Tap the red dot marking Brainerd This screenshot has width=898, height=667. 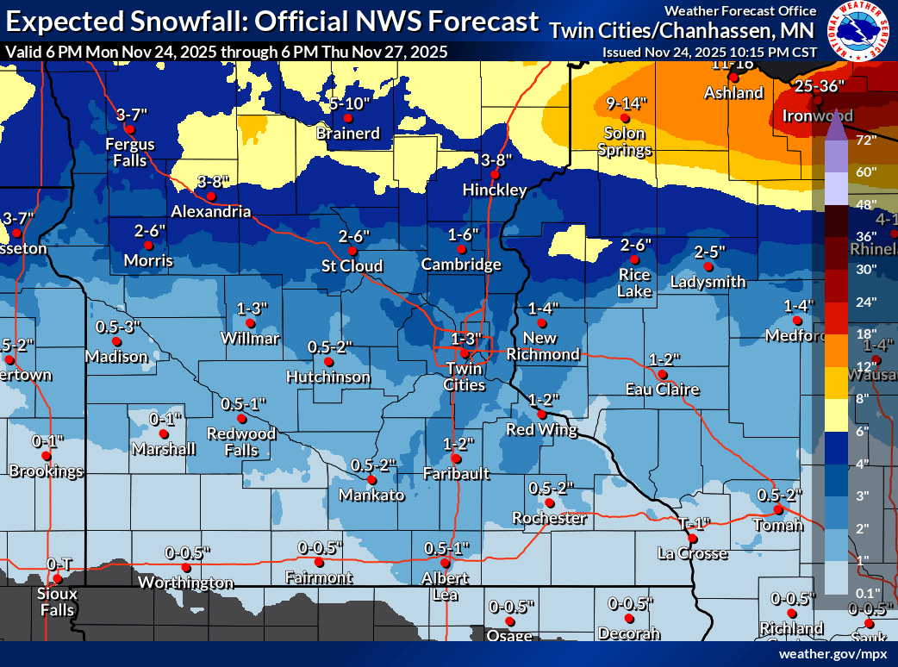pos(348,118)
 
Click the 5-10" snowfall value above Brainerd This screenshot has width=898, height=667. pos(349,103)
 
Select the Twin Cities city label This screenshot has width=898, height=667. pos(465,377)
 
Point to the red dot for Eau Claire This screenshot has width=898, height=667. pos(662,375)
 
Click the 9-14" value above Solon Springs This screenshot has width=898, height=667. pos(626,103)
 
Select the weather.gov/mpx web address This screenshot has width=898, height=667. pos(833,654)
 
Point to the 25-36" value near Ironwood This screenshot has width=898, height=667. pos(820,86)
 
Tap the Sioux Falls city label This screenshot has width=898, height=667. pos(58,602)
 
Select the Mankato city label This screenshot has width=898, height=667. pos(371,495)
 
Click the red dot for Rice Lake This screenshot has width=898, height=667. pos(635,259)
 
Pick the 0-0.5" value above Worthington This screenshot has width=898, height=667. pos(188,552)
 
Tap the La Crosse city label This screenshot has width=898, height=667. pos(691,552)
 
